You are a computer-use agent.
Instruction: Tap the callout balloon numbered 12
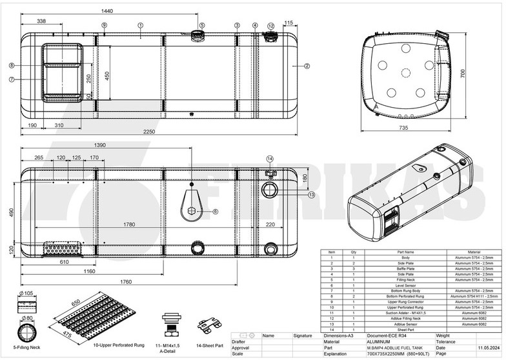[271, 26]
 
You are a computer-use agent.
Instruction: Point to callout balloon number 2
[307, 66]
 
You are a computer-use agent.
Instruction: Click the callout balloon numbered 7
[12, 79]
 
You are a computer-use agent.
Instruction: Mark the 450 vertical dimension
[107, 75]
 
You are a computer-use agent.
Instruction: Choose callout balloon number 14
[270, 159]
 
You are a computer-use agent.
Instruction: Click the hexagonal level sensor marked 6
[192, 210]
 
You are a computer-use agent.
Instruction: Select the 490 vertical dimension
[11, 212]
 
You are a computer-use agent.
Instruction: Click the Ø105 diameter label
[28, 294]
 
